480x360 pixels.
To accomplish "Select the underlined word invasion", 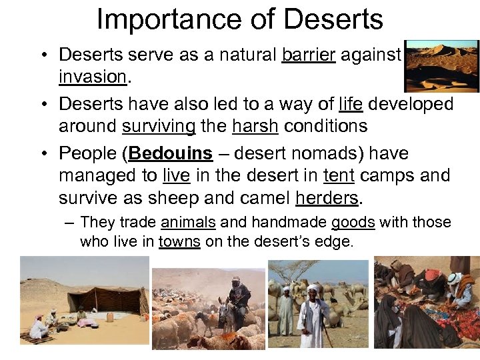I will tap(92, 77).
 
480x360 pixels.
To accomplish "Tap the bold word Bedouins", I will tap(171, 153).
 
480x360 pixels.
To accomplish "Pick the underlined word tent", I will tap(339, 175).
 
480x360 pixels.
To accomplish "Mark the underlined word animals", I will tap(189, 223).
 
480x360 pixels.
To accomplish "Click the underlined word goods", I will tap(353, 223).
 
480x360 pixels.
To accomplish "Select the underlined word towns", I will tap(179, 241).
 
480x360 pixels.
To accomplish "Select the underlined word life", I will tap(351, 105).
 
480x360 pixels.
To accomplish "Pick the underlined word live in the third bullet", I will tap(176, 175).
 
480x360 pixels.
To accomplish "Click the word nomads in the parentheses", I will tap(331, 153).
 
